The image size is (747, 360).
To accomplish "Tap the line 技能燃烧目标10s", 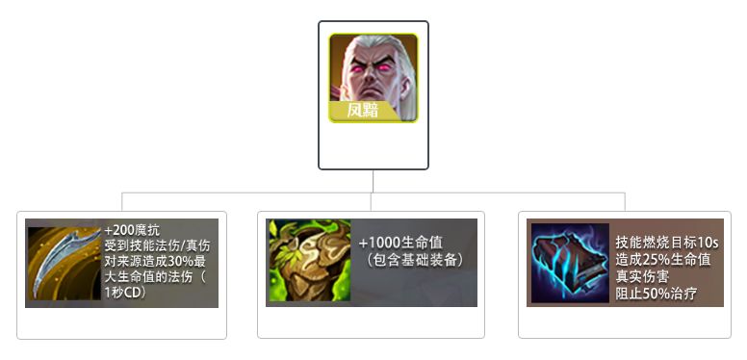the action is coord(666,242).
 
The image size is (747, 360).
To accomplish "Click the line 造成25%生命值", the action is coord(662,259).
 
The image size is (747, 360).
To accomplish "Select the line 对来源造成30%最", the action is coord(157,262).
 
